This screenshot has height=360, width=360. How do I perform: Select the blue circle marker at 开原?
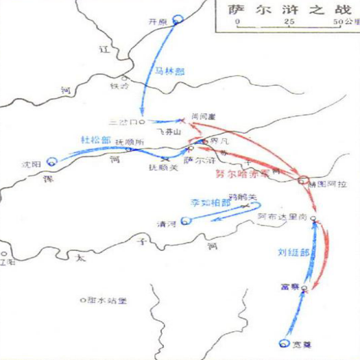179,20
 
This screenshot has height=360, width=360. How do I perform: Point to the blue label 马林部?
167,70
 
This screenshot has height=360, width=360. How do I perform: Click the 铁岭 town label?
119,86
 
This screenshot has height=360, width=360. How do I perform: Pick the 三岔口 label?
123,122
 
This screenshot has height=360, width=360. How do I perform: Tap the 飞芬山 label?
167,129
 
